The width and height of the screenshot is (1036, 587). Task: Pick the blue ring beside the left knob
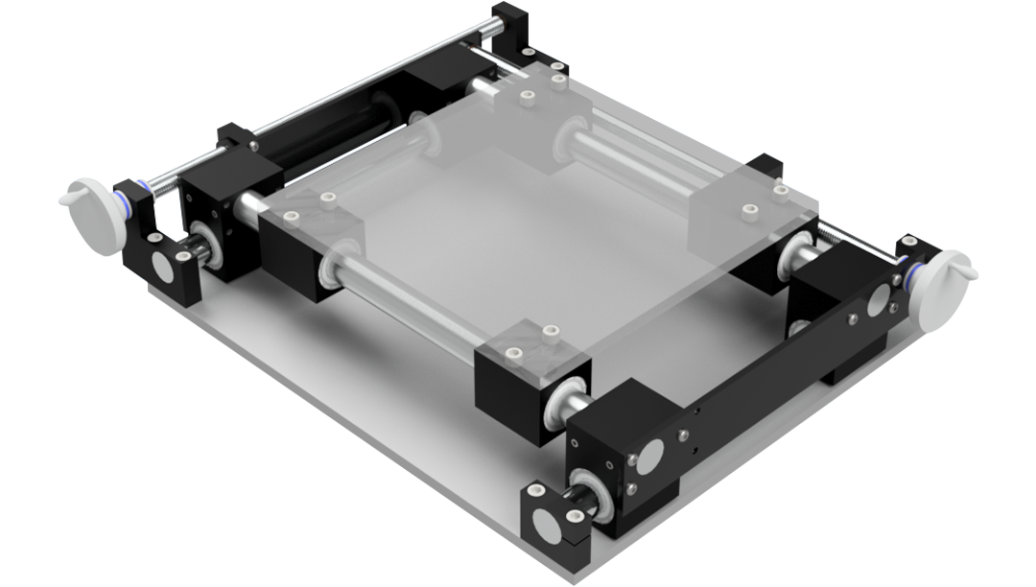(x=126, y=202)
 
